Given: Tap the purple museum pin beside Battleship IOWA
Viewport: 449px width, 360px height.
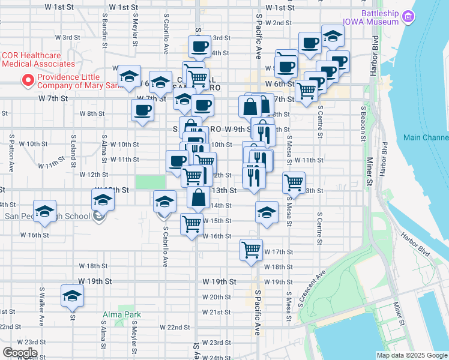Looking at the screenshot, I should (409, 16).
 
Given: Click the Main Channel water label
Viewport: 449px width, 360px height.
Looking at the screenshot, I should (426, 137).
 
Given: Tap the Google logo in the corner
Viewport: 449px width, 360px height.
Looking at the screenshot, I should (19, 352).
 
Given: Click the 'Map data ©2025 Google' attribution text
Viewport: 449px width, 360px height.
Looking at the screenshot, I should (411, 355).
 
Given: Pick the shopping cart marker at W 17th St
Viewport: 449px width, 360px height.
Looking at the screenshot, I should (251, 249).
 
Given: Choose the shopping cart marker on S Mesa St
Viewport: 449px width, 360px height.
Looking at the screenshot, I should (294, 182).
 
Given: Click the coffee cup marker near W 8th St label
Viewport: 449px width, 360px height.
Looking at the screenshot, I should (142, 110).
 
